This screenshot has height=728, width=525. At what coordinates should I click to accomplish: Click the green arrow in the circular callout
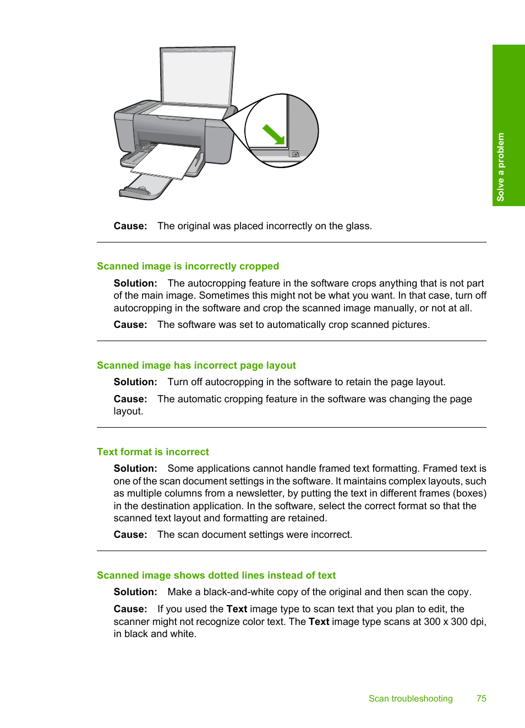pos(274,134)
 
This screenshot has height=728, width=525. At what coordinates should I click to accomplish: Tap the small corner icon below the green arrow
pos(294,154)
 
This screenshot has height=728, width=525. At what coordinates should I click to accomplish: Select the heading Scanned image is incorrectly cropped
pos(188,266)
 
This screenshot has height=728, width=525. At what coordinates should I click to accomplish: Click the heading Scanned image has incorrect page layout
pos(196,365)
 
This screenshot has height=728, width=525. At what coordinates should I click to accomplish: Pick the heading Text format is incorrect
pos(153,452)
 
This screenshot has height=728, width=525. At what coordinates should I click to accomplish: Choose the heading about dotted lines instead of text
pos(216,575)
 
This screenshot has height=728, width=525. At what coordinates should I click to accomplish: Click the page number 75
pos(482,698)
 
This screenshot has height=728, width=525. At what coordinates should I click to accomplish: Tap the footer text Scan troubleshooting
pos(411,699)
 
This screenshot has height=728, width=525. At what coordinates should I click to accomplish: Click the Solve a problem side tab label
pos(501,167)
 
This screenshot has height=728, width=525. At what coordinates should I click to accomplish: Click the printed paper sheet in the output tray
pos(166,161)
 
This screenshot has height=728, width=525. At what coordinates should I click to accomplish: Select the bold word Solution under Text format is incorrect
pos(135,468)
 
